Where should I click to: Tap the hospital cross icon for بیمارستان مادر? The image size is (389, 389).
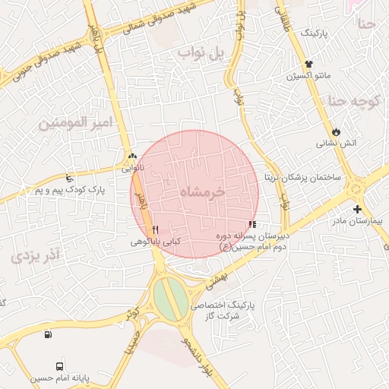(x=357, y=209)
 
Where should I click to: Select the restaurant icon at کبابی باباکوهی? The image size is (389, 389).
(x=155, y=229)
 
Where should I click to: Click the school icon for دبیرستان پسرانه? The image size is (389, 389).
(x=252, y=224)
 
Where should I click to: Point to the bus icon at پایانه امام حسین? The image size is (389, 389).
(x=59, y=366)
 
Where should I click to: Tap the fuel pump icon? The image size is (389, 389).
(x=49, y=334)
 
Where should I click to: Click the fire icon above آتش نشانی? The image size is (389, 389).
(x=336, y=131)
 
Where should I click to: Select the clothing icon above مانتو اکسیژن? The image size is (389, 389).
(x=308, y=65)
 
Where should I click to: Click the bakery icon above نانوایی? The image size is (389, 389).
(x=133, y=156)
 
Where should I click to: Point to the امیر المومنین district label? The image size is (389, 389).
(x=74, y=122)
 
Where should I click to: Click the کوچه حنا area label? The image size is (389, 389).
(x=357, y=100)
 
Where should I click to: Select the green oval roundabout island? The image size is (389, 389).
(x=171, y=297)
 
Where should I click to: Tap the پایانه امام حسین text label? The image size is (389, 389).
(x=60, y=378)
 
